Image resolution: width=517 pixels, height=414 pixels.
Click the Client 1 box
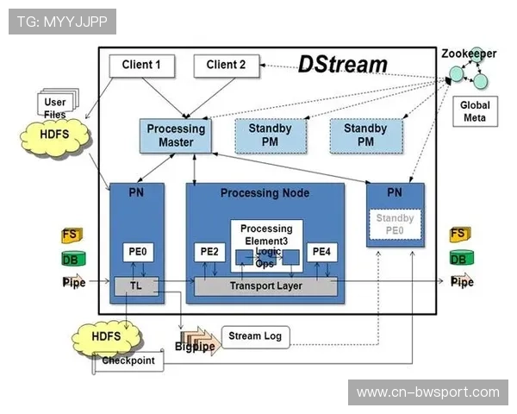coord(141,65)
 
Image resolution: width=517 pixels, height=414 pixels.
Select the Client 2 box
coord(226,65)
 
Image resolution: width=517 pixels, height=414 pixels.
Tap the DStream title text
coord(342,64)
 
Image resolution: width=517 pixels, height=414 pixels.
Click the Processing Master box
coord(175,135)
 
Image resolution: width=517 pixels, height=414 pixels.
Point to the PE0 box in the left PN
coord(137,252)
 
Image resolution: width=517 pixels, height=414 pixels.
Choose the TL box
coord(135,285)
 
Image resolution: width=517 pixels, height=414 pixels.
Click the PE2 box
coord(209,252)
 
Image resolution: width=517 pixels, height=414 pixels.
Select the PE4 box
coord(321,252)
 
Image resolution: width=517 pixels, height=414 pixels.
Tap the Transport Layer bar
coord(265,285)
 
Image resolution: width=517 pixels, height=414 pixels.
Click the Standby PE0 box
coord(396,224)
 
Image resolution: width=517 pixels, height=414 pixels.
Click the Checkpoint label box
coord(129,361)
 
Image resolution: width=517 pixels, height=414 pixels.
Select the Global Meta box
coord(474,111)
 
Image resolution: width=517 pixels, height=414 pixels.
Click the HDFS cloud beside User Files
coord(54,135)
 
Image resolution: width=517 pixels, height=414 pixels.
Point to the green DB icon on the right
coord(459,258)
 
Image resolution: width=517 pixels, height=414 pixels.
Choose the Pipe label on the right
coord(463,282)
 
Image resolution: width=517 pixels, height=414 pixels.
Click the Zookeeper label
coord(469,53)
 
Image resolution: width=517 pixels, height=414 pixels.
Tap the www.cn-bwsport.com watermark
coord(427,392)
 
